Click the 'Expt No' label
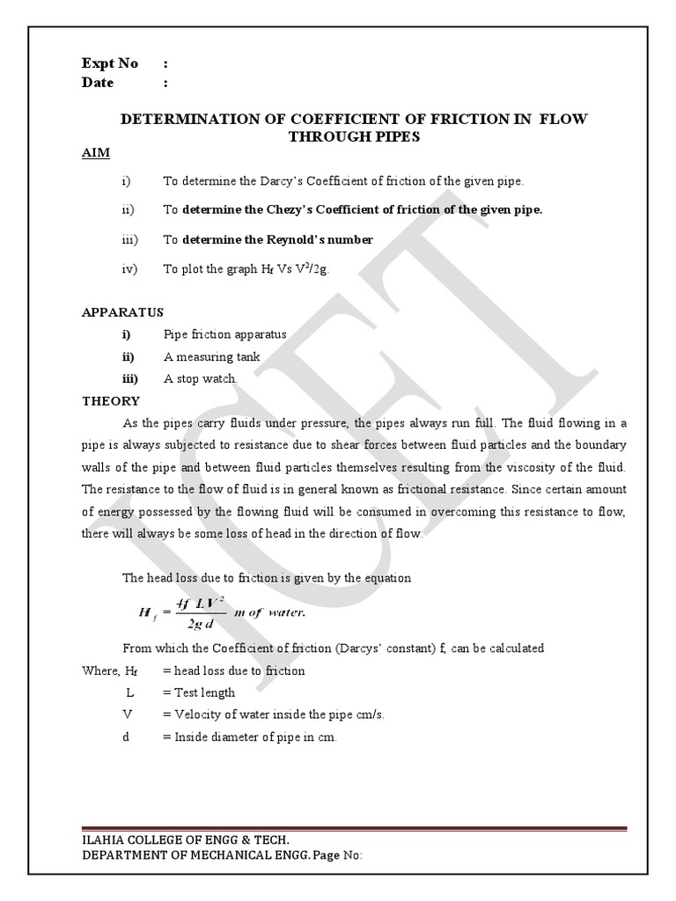tap(110, 63)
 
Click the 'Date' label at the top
tap(98, 83)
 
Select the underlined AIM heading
tap(96, 153)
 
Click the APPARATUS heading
tap(122, 312)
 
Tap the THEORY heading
tap(111, 401)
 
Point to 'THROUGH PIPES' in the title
tap(355, 136)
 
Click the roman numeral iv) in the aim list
tap(130, 269)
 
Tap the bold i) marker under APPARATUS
tap(127, 334)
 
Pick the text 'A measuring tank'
tap(211, 356)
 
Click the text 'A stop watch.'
tap(201, 378)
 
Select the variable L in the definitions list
tap(129, 692)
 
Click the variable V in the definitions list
tap(128, 714)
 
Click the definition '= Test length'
tap(199, 692)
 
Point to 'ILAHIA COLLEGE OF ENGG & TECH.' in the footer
tap(185, 840)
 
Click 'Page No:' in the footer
tap(331, 855)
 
